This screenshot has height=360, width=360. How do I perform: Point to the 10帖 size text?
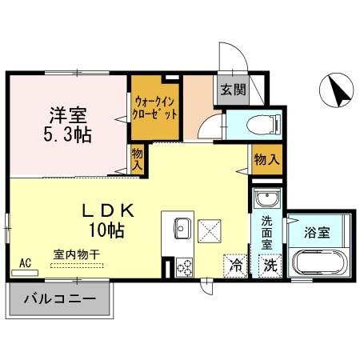[106, 231]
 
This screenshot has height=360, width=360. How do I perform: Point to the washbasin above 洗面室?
[265, 200]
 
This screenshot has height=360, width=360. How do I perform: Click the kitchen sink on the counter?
[180, 230]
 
